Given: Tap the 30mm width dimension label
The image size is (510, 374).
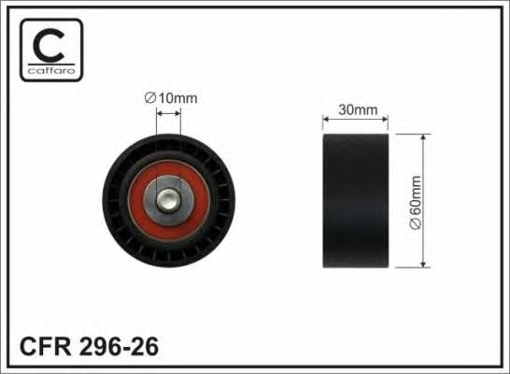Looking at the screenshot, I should (358, 109).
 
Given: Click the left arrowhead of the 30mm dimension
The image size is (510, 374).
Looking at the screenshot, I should (326, 119).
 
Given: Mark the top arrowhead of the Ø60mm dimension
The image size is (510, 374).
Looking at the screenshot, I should (426, 138).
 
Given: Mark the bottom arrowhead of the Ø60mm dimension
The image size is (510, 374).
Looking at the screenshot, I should (426, 264).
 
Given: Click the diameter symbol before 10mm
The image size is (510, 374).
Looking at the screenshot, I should (149, 97).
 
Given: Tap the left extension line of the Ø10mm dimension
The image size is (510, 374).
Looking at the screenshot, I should (156, 131).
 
